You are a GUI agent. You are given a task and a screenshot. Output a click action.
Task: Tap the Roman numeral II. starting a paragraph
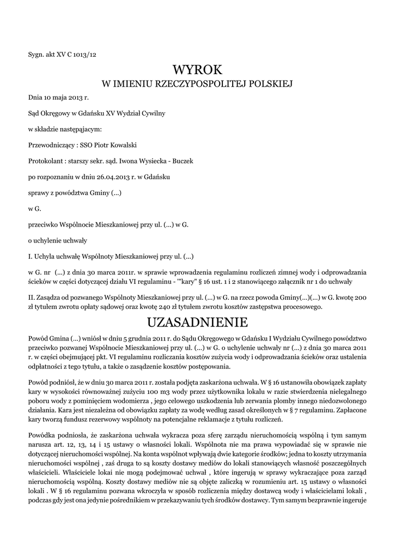[x=31, y=298]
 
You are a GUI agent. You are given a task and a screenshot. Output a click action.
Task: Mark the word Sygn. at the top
[x=36, y=54]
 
